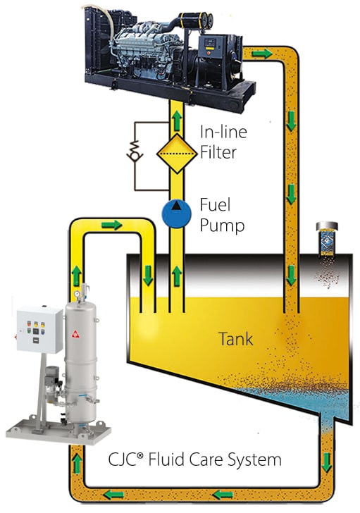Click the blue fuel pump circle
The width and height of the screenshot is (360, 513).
(176, 214)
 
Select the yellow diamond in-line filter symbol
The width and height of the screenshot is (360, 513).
(177, 153)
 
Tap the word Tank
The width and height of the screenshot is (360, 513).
(235, 339)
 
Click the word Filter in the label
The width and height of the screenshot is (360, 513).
(218, 152)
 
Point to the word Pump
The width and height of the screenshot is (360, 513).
(222, 226)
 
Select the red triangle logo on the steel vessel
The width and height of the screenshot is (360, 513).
(76, 334)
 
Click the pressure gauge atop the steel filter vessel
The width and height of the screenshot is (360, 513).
(77, 293)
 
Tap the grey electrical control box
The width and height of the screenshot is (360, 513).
(39, 330)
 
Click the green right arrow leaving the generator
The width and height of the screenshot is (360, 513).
(261, 53)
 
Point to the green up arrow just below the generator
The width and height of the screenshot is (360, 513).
(177, 120)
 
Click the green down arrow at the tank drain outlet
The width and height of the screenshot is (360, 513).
(326, 462)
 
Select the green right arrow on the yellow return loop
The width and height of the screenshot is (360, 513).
(111, 225)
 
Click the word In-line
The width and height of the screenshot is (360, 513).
(223, 132)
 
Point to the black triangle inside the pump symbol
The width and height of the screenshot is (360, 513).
(177, 206)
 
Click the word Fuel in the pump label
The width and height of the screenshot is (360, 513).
(215, 205)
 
